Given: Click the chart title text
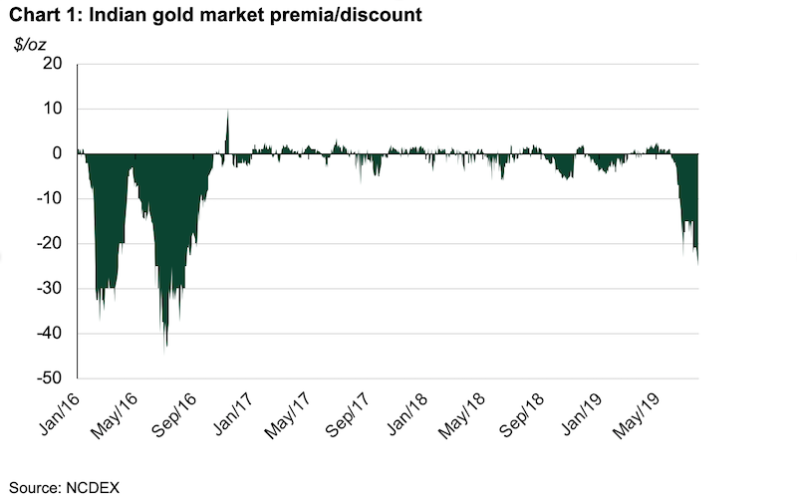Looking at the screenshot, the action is pyautogui.click(x=215, y=15).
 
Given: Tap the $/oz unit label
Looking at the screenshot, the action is pyautogui.click(x=30, y=45).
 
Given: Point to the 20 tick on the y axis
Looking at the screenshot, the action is pyautogui.click(x=53, y=64).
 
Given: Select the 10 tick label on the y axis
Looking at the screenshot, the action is pyautogui.click(x=53, y=109).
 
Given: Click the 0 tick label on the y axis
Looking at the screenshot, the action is pyautogui.click(x=57, y=153).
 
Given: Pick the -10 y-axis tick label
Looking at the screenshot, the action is pyautogui.click(x=49, y=198).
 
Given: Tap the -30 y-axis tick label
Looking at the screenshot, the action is pyautogui.click(x=49, y=288).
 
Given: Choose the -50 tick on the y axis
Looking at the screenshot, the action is pyautogui.click(x=49, y=378).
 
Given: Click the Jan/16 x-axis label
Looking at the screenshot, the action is pyautogui.click(x=60, y=414).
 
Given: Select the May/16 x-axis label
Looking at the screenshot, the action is pyautogui.click(x=115, y=415).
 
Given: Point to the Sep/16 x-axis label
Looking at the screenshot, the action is pyautogui.click(x=174, y=415).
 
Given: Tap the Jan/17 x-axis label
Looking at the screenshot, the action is pyautogui.click(x=233, y=414).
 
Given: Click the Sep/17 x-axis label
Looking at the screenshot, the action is pyautogui.click(x=348, y=415).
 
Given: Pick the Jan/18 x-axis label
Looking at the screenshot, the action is pyautogui.click(x=407, y=414).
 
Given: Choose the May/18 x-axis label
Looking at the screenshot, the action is pyautogui.click(x=461, y=415).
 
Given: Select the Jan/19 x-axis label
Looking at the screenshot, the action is pyautogui.click(x=582, y=414).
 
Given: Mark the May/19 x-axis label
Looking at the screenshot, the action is pyautogui.click(x=636, y=415).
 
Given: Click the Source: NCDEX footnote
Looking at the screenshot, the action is pyautogui.click(x=64, y=488).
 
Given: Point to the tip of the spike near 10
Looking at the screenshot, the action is pyautogui.click(x=228, y=112).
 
